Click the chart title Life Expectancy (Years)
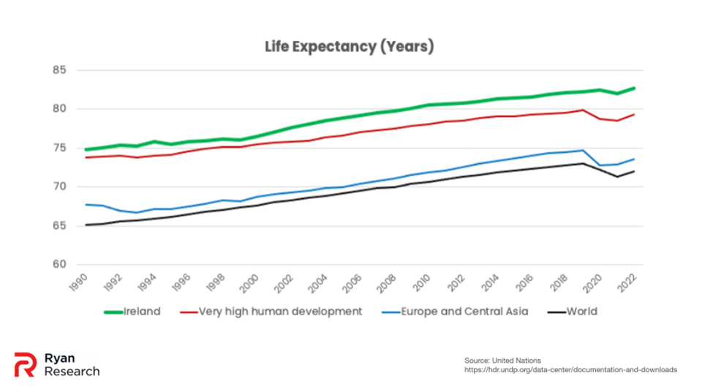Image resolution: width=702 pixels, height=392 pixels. tap(350, 47)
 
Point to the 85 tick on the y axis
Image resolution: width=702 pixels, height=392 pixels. tap(59, 70)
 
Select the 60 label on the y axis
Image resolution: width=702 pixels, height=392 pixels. tap(59, 265)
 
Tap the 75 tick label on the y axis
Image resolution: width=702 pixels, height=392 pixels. tap(59, 148)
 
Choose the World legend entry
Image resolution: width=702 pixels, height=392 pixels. tap(581, 312)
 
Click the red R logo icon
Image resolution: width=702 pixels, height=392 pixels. tap(25, 364)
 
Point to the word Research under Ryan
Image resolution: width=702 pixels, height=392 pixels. tap(72, 372)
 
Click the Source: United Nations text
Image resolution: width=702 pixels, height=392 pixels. tap(502, 361)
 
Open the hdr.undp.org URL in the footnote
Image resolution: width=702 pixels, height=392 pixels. tap(570, 370)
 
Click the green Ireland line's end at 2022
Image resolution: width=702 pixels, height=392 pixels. tap(634, 88)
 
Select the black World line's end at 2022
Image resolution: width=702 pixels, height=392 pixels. tap(634, 171)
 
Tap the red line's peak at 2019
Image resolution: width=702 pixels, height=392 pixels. tap(582, 110)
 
